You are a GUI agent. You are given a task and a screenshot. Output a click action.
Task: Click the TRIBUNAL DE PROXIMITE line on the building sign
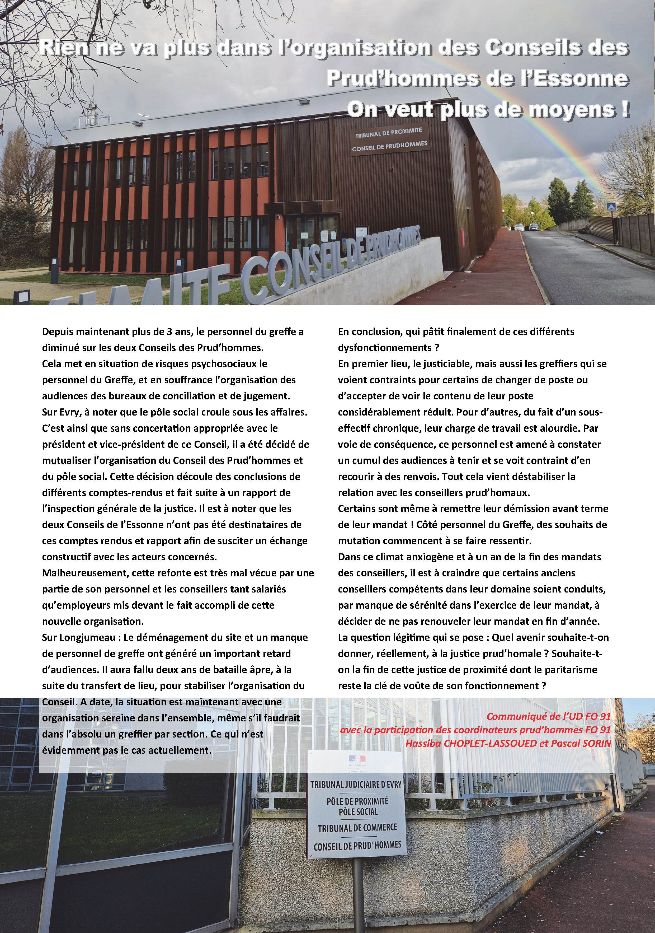(x=389, y=132)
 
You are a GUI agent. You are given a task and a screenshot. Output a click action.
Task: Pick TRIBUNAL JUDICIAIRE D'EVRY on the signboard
(x=356, y=784)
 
